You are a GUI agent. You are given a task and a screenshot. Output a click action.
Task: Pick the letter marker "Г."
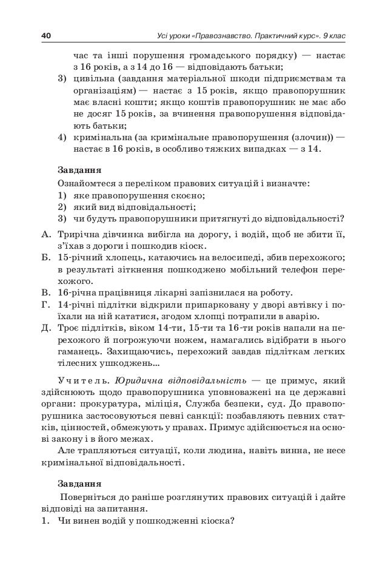point(46,305)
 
